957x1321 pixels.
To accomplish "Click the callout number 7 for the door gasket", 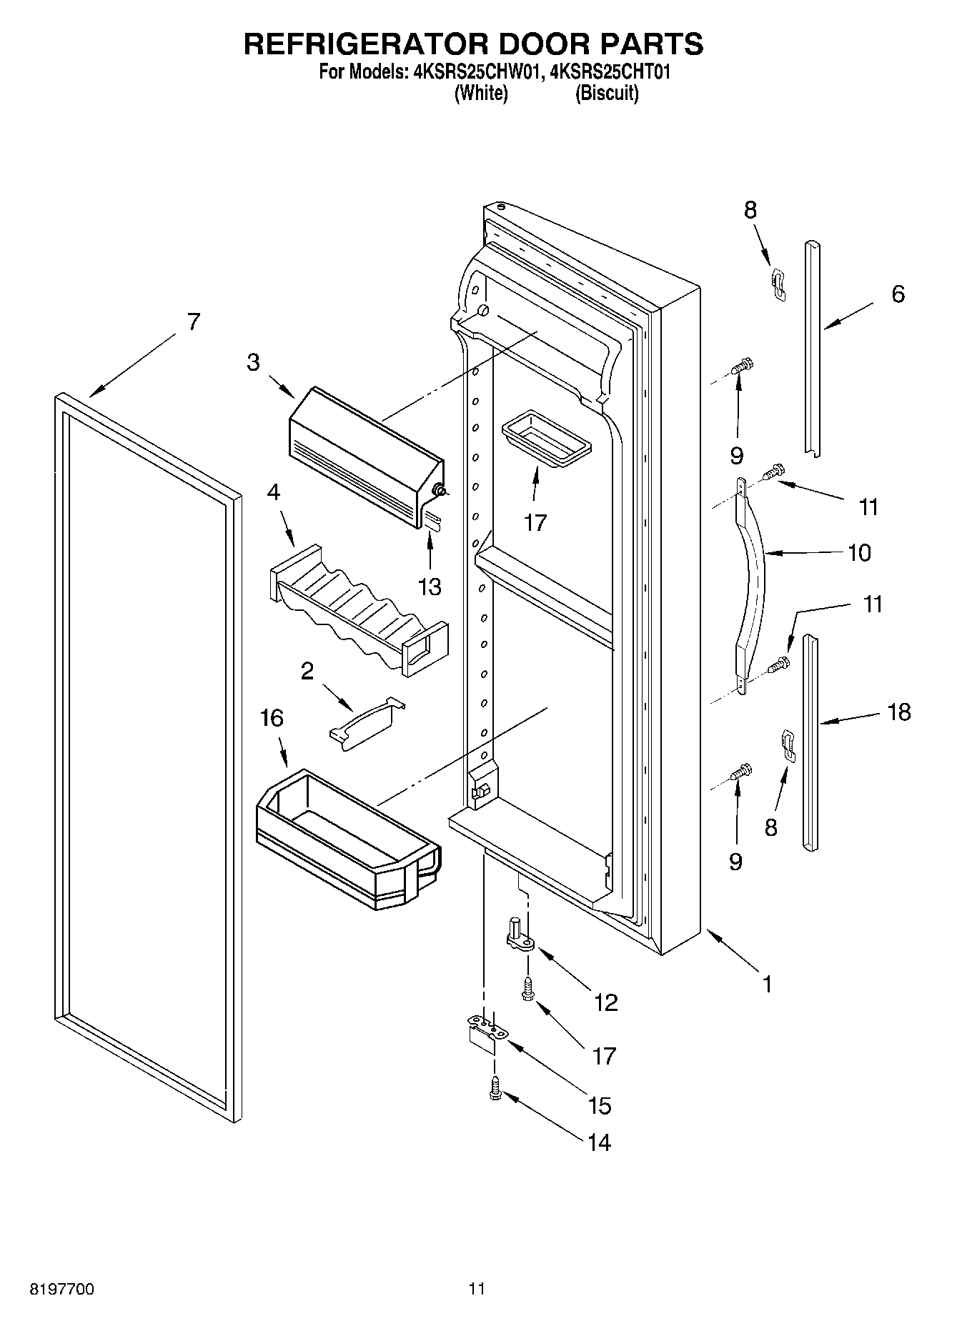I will pos(194,322).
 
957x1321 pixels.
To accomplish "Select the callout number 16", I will pos(272,719).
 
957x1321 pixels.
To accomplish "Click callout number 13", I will pos(430,587).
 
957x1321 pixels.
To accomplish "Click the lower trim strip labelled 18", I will pos(811,743).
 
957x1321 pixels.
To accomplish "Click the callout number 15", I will pos(599,1105).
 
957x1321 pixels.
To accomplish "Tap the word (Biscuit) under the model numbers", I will pos(607,93).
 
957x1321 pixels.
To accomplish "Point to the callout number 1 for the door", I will pos(767,984).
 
